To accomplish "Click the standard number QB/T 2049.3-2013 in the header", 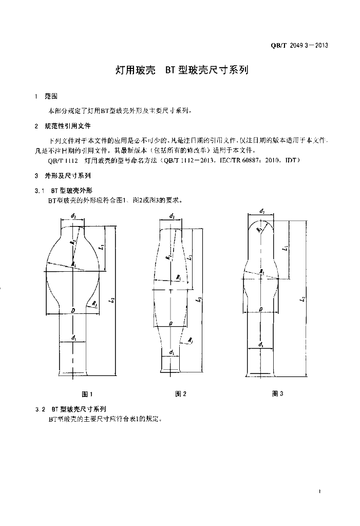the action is pos(299,45).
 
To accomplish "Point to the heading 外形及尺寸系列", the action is pos(64,175).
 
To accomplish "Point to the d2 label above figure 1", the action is pos(74,216).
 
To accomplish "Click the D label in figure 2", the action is pos(170,322).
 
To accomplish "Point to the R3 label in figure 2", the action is pos(191,340).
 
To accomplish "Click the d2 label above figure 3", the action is pos(262,211).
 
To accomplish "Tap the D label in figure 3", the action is pos(261,309).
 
